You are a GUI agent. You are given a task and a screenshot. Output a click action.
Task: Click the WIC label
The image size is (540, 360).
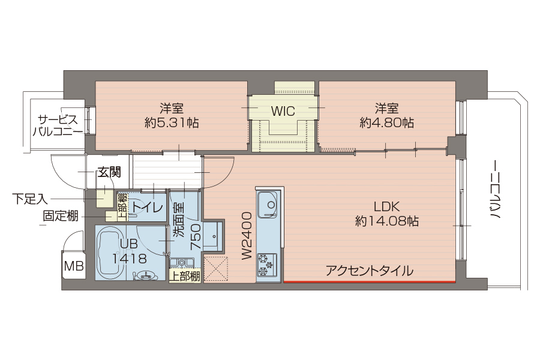click(283, 111)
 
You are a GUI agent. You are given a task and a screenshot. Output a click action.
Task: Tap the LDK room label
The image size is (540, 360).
click(387, 206)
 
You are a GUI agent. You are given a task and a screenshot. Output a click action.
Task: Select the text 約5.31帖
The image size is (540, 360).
click(172, 122)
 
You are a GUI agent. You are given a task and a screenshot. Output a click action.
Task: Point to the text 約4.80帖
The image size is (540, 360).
click(387, 122)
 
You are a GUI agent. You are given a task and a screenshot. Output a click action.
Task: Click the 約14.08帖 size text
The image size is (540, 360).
click(387, 221)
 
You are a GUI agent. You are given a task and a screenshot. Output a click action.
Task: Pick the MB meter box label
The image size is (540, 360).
click(74, 266)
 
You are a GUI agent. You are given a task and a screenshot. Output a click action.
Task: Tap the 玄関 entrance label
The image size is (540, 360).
click(110, 172)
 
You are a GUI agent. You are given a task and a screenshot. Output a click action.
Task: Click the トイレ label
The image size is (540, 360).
click(148, 208)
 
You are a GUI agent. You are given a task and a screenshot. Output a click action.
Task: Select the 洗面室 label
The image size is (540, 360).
click(179, 220)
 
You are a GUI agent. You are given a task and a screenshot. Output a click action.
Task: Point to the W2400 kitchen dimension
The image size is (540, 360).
click(247, 236)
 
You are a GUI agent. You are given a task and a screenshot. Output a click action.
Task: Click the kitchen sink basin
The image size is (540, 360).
click(268, 205)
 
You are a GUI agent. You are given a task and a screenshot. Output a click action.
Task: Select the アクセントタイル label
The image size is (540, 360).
click(370, 271)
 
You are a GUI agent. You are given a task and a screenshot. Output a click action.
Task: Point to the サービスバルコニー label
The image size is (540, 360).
click(58, 126)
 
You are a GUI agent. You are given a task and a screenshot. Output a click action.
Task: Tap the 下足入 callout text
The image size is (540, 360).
click(29, 199)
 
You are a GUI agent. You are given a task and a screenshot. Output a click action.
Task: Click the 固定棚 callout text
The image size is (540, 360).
click(60, 216)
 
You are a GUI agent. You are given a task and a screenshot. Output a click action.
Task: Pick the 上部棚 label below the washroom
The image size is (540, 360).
click(185, 276)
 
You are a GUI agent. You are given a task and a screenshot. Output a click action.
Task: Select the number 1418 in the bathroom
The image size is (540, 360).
click(130, 258)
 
